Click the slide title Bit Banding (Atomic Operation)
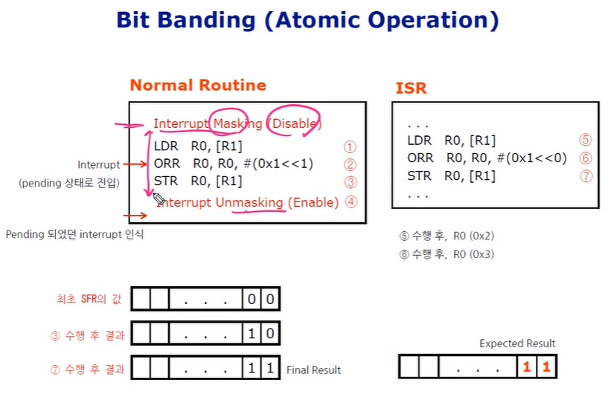307,20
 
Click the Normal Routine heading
197,85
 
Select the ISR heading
411,88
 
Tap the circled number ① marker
350,147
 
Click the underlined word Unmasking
249,202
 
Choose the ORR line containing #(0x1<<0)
487,158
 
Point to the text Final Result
313,370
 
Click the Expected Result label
517,343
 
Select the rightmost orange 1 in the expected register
545,367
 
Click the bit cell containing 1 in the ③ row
252,335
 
